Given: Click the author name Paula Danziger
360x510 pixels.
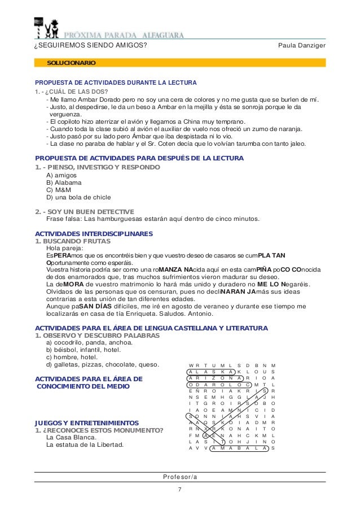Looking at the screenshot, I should [x=302, y=45].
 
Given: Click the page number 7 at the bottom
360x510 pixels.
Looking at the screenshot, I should [x=179, y=489].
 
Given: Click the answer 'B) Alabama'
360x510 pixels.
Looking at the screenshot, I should [x=64, y=183].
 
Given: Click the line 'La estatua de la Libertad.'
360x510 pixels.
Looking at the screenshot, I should [x=85, y=444].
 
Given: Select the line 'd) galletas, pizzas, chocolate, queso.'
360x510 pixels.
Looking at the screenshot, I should [x=103, y=364].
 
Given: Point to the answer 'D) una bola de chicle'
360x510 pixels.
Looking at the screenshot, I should [x=78, y=198].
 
